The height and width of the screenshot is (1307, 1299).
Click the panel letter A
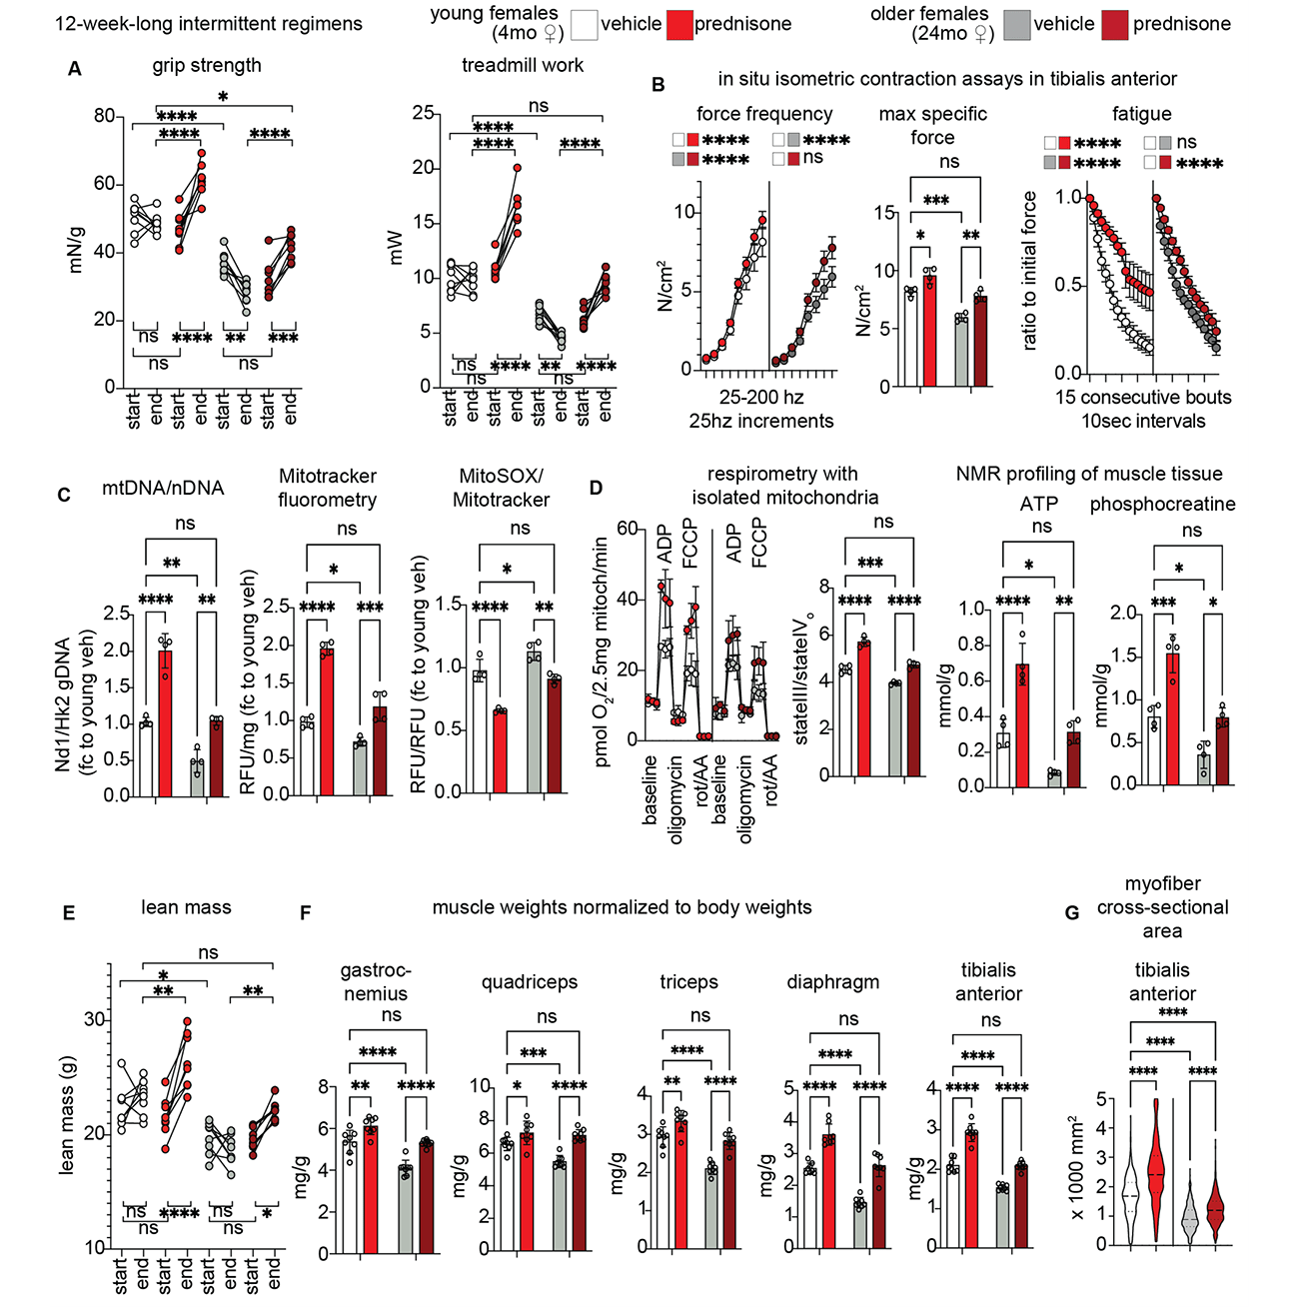[x=75, y=69]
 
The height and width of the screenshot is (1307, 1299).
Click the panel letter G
[x=1072, y=912]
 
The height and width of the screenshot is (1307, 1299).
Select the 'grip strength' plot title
[x=206, y=66]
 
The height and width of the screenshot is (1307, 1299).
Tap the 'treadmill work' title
[x=522, y=66]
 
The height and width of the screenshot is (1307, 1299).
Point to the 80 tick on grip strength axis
[x=104, y=116]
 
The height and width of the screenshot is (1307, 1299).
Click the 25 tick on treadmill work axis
[x=423, y=114]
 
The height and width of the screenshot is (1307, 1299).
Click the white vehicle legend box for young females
[x=585, y=25]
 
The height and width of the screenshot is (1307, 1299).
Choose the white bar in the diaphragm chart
[x=809, y=1208]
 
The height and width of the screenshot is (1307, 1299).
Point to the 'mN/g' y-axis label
[x=76, y=250]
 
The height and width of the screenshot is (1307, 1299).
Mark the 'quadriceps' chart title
[x=529, y=982]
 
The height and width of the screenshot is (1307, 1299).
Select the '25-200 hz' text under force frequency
[x=761, y=398]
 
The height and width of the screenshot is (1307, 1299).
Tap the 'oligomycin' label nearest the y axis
[x=676, y=799]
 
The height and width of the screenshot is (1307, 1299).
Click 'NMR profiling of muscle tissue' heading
[x=1088, y=474]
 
